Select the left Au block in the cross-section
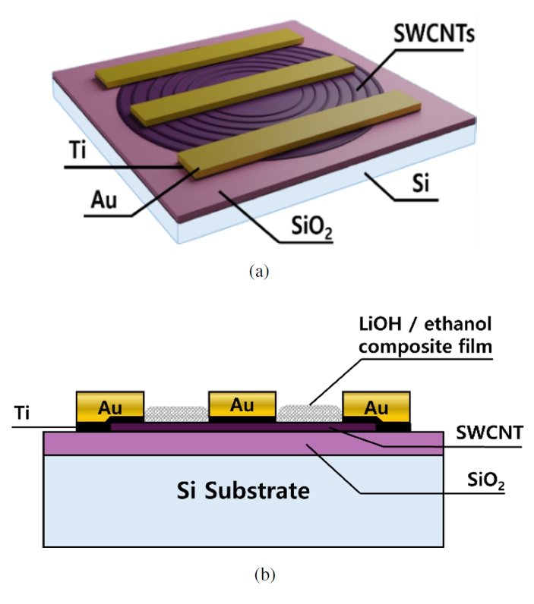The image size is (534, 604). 110,407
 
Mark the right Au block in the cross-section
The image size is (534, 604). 376,407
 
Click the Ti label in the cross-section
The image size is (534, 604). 23,412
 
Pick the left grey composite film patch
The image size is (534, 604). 175,414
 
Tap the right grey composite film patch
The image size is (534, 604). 310,413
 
